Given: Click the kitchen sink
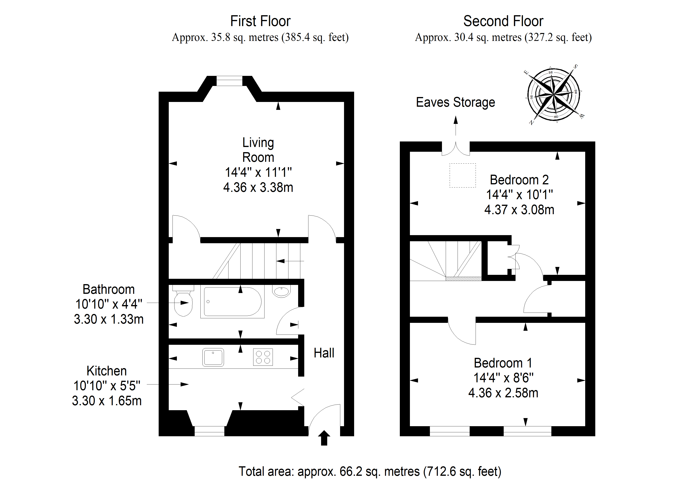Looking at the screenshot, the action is (x=213, y=357).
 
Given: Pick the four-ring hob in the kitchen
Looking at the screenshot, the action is (x=263, y=357).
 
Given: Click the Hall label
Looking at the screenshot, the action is (x=324, y=353).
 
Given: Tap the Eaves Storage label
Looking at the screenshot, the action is (x=456, y=102).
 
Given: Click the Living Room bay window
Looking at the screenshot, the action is (x=229, y=81).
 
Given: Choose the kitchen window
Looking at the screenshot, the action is (x=210, y=431).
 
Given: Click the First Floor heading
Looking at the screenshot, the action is (x=260, y=21).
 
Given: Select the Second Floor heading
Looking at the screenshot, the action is (x=503, y=21).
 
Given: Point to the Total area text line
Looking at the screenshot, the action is (x=370, y=471).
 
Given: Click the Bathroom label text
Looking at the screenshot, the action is (x=109, y=289).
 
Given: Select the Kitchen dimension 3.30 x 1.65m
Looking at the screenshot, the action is (x=107, y=401).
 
